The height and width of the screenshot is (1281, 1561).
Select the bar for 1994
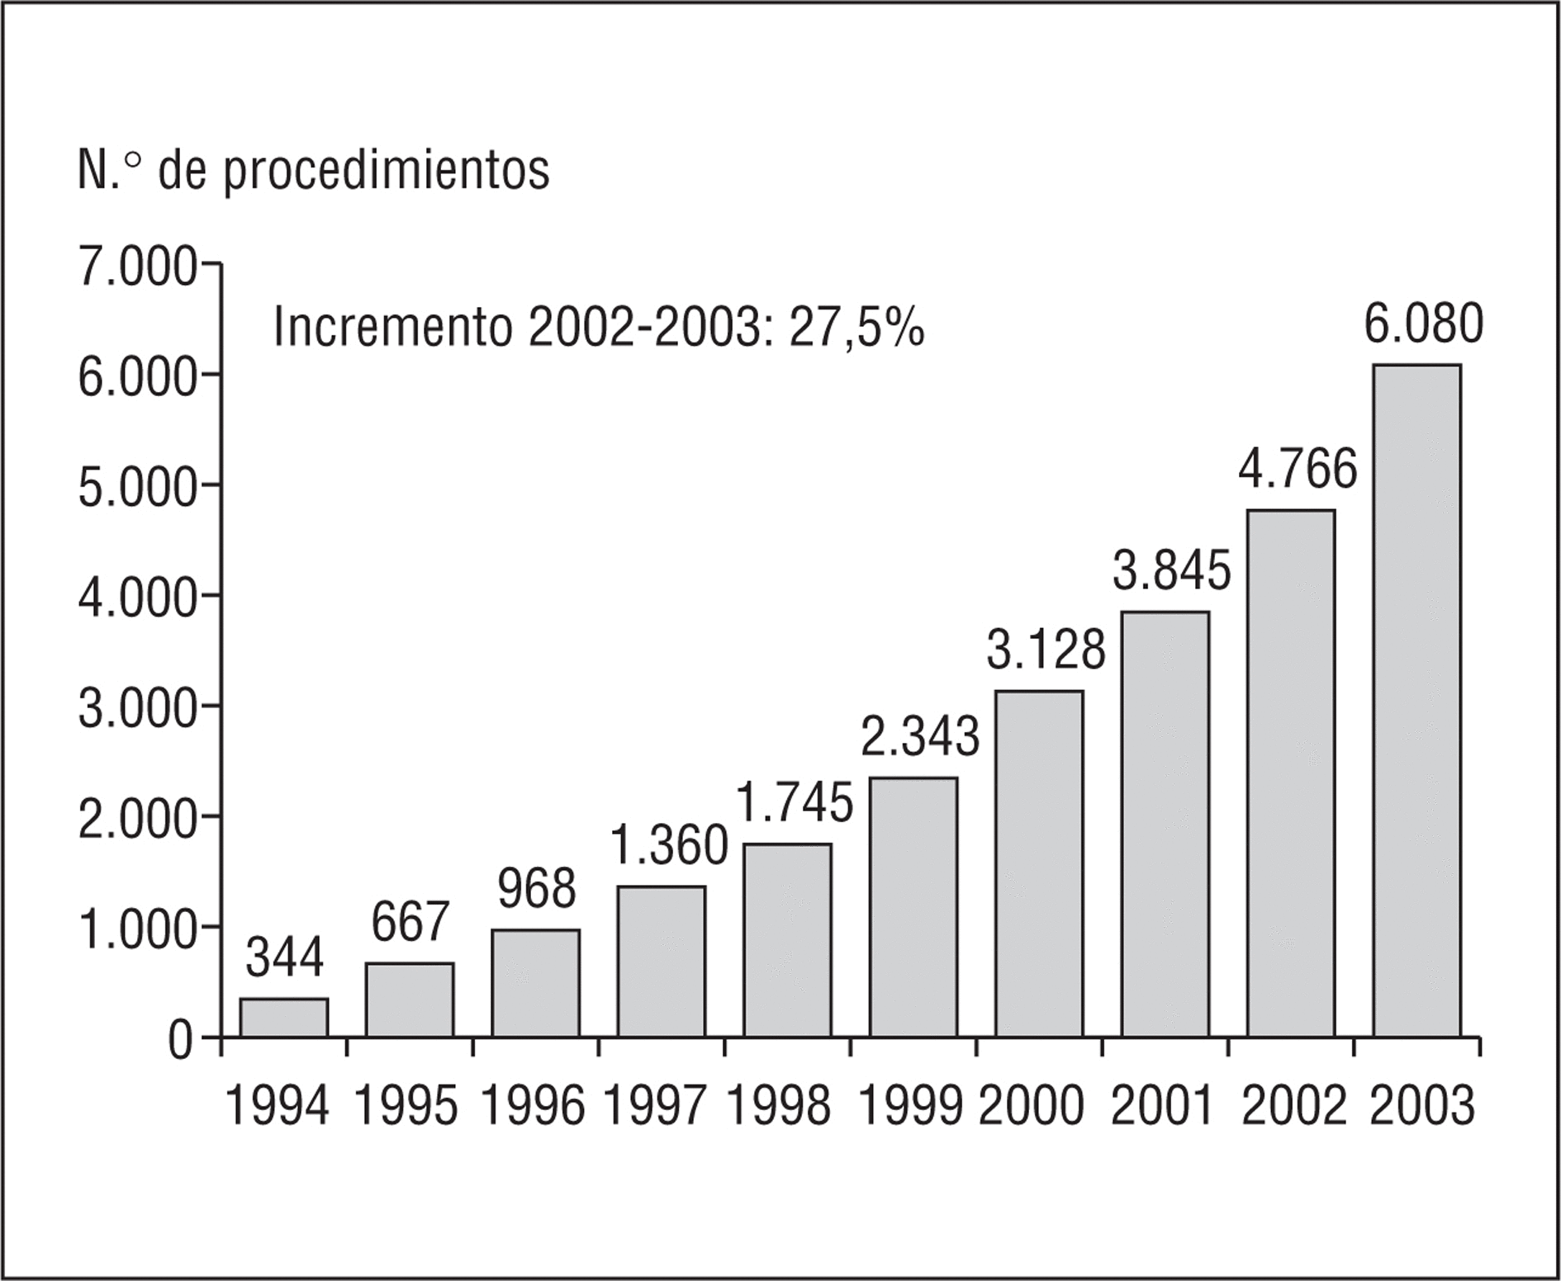(284, 1017)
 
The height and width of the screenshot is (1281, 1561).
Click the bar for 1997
(662, 961)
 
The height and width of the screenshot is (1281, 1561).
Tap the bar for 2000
(1039, 863)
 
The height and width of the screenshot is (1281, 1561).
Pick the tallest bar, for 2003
(1416, 700)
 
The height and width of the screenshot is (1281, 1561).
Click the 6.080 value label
(1423, 324)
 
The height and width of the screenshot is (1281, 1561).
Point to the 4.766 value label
(1298, 469)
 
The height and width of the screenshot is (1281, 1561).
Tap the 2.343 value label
(920, 736)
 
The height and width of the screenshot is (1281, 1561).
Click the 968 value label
(537, 890)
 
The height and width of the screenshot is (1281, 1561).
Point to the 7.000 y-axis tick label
(137, 267)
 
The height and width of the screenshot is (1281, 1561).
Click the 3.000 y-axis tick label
(137, 709)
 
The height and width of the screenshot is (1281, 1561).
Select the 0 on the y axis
(180, 1042)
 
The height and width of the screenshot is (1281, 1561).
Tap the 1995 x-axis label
(406, 1106)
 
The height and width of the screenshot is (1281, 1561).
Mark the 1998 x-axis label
(779, 1106)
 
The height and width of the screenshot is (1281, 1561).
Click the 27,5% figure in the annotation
(856, 329)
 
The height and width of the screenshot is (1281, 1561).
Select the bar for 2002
(1291, 773)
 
